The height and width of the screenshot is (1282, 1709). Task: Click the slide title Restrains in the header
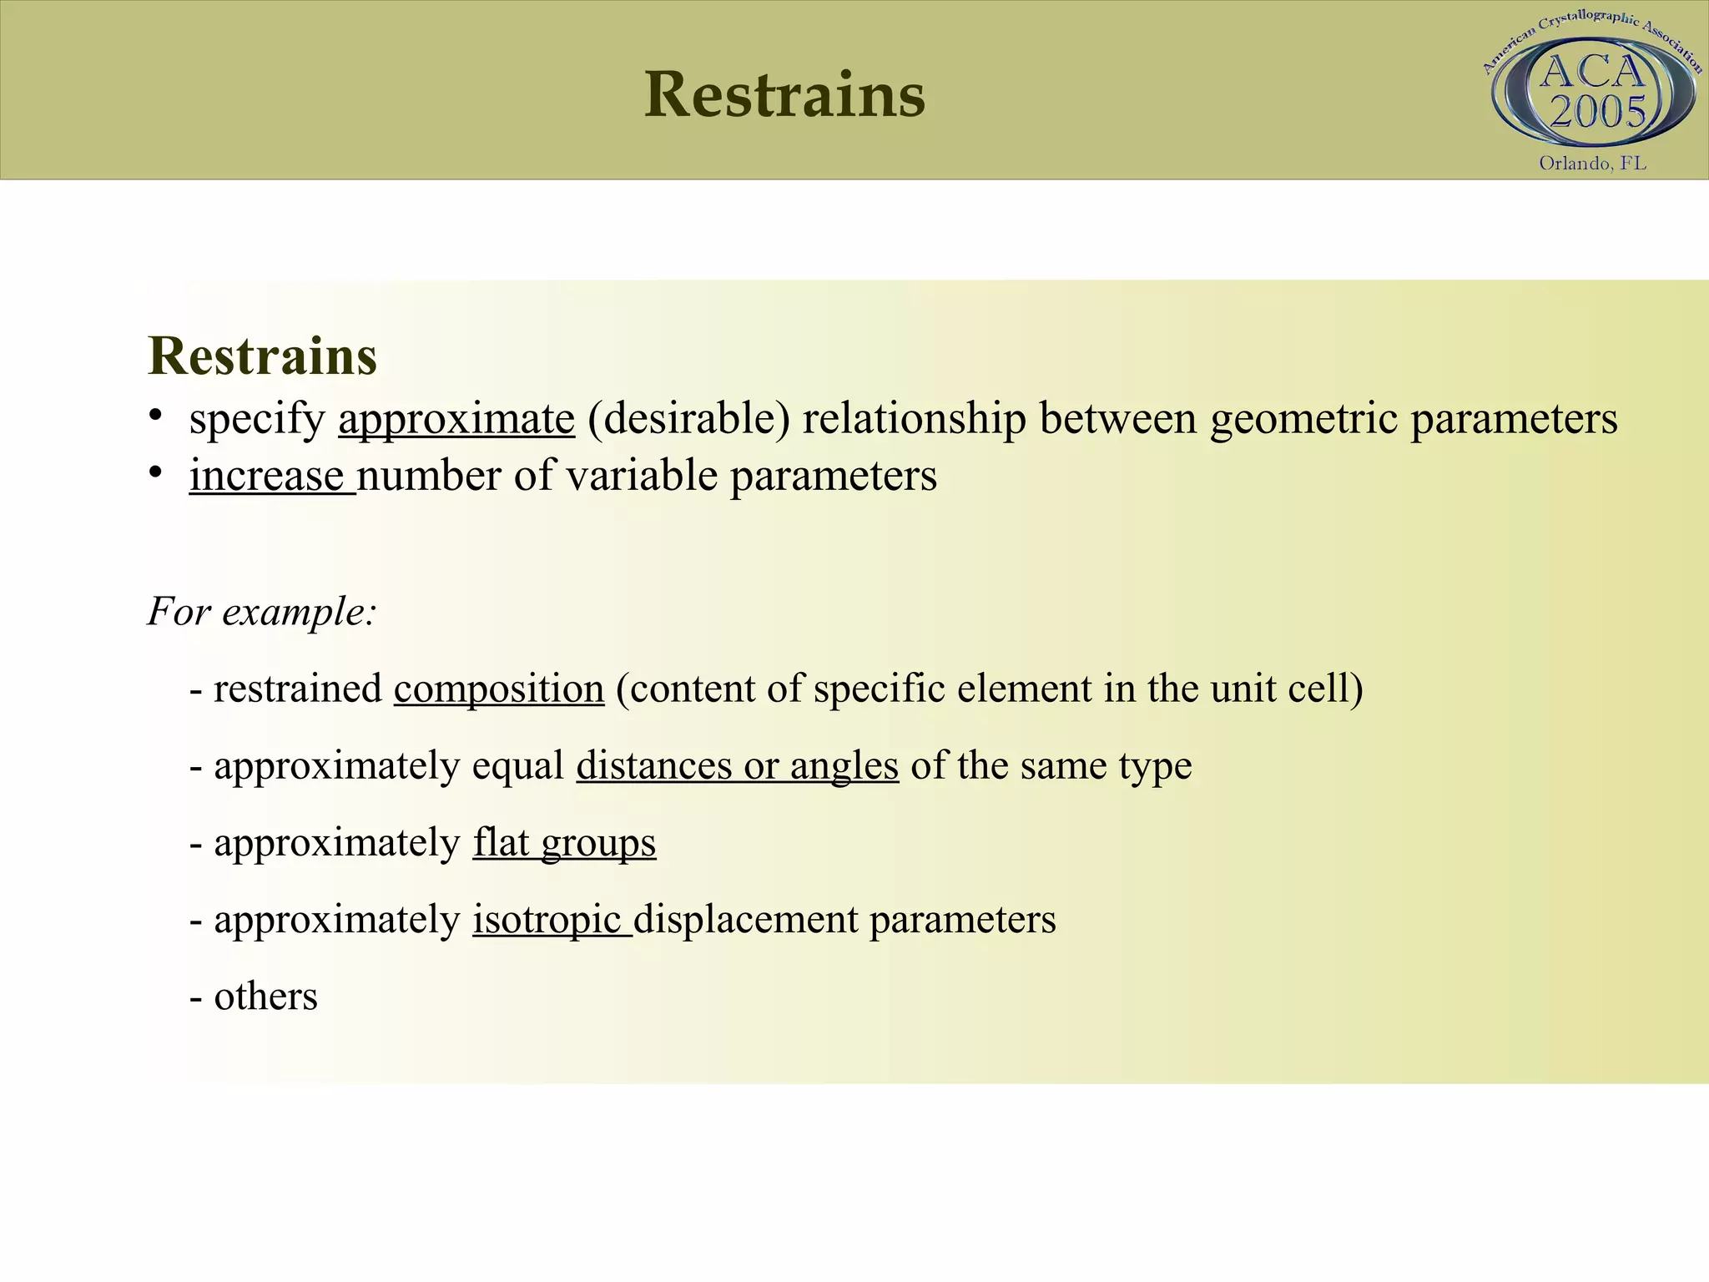[784, 95]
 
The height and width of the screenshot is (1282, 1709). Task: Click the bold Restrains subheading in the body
[262, 356]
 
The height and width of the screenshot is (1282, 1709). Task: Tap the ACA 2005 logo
[1594, 92]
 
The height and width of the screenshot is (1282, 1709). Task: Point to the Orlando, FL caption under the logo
[1592, 164]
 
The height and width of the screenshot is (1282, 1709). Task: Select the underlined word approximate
[456, 419]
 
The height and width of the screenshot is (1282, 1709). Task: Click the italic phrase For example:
[262, 612]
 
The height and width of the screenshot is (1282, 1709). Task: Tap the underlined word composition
[499, 689]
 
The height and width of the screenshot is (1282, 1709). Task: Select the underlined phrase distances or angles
[737, 766]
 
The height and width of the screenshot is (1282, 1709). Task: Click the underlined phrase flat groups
[564, 843]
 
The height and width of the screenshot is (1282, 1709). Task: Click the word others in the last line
[265, 997]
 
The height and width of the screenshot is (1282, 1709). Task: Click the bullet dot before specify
[154, 415]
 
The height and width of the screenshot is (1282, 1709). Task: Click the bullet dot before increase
[154, 472]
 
